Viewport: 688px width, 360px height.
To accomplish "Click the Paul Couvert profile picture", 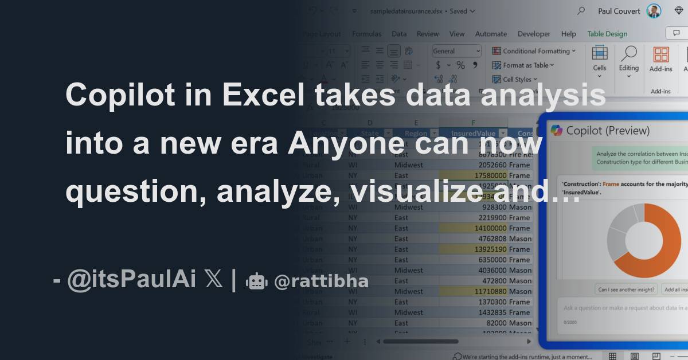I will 654,11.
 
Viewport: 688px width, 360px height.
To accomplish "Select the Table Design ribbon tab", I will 607,34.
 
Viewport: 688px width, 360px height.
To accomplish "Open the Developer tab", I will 534,34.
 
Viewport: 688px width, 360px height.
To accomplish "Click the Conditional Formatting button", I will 533,51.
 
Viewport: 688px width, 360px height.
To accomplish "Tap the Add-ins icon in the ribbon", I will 661,59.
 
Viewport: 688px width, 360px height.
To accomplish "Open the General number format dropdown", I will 457,51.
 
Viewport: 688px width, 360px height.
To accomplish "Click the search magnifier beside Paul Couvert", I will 581,11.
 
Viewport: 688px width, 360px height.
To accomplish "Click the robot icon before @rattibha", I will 256,281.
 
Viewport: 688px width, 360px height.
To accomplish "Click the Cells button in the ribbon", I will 600,59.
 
